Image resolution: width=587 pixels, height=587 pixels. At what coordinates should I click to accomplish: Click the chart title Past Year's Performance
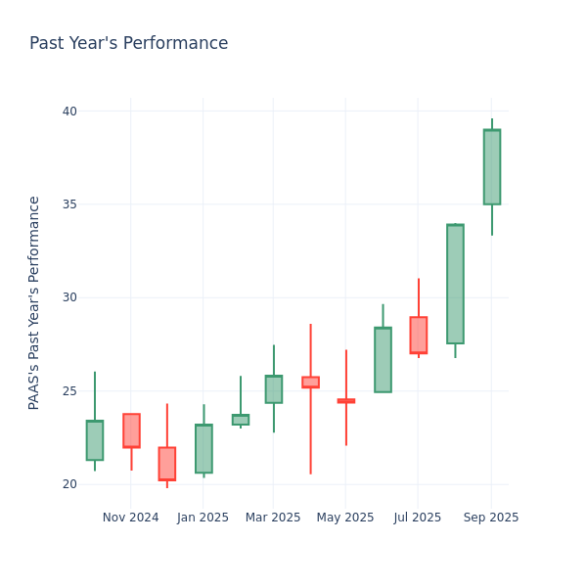[128, 44]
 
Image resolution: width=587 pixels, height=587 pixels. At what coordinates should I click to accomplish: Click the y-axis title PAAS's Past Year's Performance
[34, 302]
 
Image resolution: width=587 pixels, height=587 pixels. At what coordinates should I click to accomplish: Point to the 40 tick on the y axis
[69, 112]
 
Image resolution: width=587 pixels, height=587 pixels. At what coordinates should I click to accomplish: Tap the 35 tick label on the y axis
[69, 204]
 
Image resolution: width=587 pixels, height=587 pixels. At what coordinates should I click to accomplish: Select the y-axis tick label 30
[69, 297]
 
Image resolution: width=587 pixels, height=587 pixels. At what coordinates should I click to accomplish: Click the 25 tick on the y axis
[69, 391]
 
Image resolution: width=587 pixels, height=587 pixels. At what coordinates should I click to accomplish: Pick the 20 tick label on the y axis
[69, 484]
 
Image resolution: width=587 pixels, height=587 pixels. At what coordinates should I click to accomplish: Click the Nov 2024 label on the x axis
[130, 518]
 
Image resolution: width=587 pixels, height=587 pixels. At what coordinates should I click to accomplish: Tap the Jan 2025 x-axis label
[203, 518]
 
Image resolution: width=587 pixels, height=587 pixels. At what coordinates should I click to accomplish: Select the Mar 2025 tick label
[273, 518]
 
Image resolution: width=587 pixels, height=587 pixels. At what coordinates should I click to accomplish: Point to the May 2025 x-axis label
[345, 518]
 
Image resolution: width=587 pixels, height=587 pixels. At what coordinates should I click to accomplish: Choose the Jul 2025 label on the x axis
[418, 518]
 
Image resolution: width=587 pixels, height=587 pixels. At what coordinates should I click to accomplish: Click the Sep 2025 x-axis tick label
[491, 518]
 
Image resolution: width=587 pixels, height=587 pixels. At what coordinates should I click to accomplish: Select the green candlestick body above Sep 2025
[491, 167]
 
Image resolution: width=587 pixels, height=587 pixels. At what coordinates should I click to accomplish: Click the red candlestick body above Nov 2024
[131, 430]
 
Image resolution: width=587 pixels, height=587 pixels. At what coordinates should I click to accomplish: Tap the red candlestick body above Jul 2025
[418, 335]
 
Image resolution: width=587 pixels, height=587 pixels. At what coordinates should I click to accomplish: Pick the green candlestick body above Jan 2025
[203, 448]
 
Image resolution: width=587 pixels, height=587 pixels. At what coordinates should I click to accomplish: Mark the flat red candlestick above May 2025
[345, 400]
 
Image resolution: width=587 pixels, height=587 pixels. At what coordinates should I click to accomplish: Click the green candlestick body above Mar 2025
[273, 389]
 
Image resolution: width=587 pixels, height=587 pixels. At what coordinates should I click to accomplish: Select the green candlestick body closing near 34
[455, 284]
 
